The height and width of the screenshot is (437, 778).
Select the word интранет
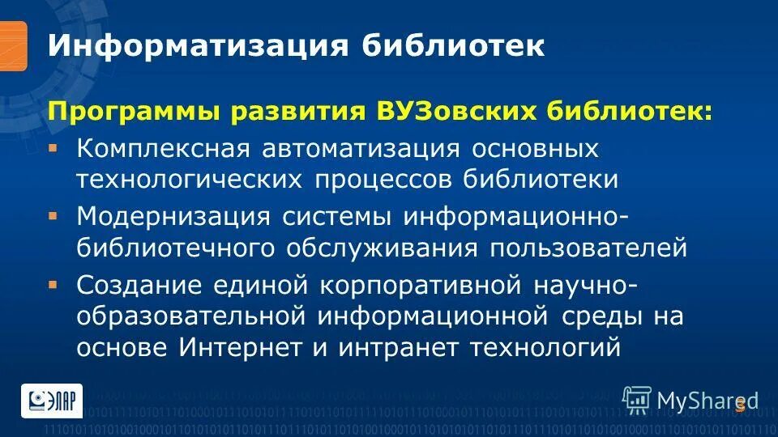(392, 346)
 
